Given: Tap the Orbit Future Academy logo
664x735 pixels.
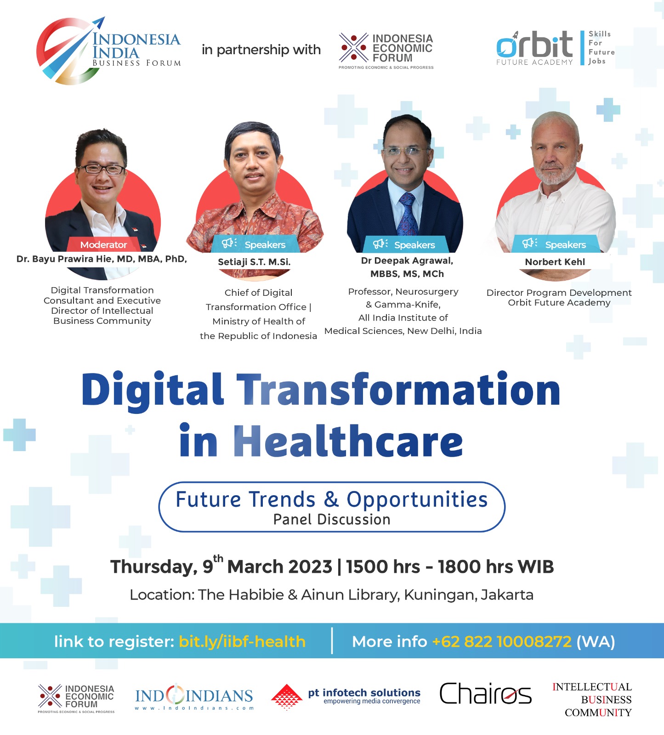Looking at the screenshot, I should tap(554, 48).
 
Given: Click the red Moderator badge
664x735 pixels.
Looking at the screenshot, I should tap(104, 245).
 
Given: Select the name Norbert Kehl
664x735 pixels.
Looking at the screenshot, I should tap(555, 262).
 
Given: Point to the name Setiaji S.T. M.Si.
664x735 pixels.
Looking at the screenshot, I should tap(254, 262).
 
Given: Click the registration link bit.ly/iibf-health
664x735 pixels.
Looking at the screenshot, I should tap(242, 641).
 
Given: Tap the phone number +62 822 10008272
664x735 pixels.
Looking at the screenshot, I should tap(502, 641).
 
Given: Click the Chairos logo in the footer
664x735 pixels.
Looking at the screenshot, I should tap(485, 694).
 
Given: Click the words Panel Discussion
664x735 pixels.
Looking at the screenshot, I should tap(332, 520).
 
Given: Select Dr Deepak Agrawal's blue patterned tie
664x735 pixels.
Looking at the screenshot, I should tap(407, 214).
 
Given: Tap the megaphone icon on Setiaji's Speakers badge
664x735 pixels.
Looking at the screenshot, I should tap(229, 243).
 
